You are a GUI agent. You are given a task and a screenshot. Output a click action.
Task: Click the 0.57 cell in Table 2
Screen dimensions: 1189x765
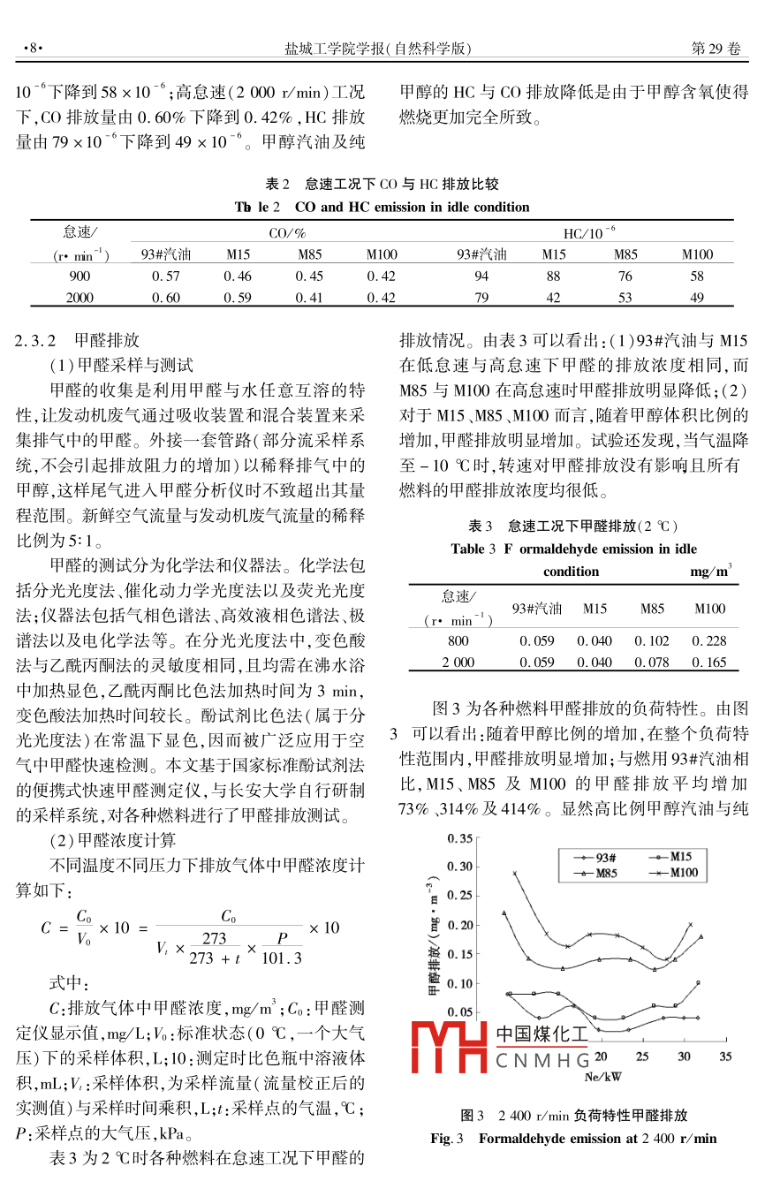(165, 276)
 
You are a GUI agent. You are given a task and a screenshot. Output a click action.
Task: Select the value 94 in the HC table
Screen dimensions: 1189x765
(481, 276)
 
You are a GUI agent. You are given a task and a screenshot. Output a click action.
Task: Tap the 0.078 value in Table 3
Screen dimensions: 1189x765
(652, 662)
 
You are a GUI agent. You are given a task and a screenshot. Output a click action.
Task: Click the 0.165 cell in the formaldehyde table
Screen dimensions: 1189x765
(709, 662)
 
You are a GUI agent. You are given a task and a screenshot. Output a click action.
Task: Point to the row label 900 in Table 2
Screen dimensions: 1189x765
(80, 276)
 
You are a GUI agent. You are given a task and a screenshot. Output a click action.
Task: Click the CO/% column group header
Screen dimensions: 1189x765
(287, 232)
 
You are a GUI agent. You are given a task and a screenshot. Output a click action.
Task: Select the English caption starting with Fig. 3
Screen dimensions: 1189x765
(573, 1138)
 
